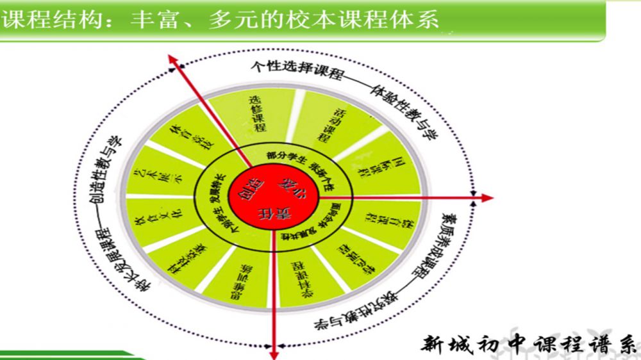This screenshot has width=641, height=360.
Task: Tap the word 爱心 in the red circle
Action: (287, 185)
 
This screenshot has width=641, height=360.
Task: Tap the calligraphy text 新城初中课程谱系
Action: (529, 344)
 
